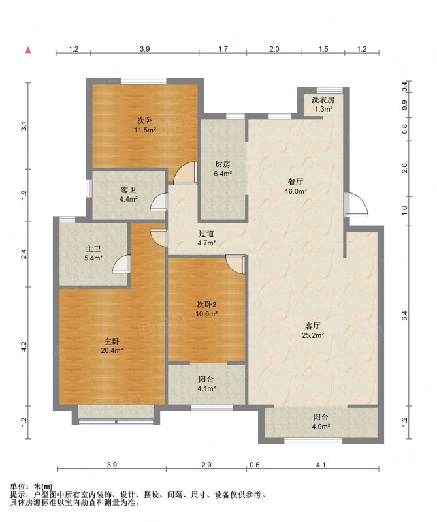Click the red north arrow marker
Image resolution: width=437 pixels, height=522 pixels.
[29, 50]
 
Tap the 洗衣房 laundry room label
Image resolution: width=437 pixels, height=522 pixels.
[323, 100]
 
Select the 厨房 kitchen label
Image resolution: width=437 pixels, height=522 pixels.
[223, 164]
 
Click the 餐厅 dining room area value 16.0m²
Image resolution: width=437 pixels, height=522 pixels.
[296, 191]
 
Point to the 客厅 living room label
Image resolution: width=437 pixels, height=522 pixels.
[313, 326]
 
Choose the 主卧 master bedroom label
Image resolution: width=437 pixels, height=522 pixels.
[112, 341]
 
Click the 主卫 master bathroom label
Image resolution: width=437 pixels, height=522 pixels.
[93, 249]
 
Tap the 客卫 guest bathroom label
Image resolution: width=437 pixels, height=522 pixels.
[128, 191]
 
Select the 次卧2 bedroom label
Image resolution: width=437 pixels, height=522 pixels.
[206, 304]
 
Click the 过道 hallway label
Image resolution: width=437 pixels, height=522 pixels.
[206, 234]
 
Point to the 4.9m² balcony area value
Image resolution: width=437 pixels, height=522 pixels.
[321, 427]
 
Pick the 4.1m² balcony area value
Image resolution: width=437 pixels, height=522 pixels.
[206, 388]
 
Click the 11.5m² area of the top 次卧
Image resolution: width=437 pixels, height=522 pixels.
[145, 130]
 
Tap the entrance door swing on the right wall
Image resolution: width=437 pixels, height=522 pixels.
[357, 205]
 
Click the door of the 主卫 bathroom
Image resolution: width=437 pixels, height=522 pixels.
[121, 264]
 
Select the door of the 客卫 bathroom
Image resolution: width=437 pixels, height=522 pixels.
[159, 202]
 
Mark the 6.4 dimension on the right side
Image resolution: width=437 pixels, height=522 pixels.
[405, 315]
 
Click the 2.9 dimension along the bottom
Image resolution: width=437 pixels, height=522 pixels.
[206, 465]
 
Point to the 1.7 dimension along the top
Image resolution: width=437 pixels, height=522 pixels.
[223, 49]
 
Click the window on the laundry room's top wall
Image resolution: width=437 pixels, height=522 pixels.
[329, 90]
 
